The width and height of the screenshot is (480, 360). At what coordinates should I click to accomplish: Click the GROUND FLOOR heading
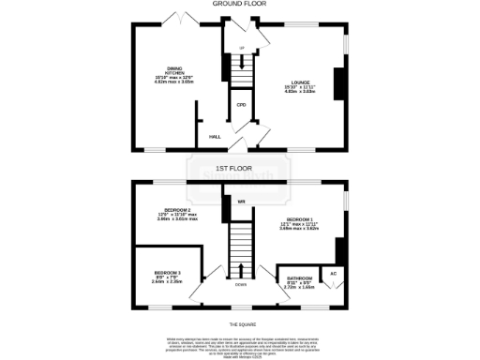click(x=240, y=5)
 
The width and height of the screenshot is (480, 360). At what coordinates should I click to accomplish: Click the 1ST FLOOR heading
click(x=240, y=168)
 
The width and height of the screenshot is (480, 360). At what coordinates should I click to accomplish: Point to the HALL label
click(x=215, y=135)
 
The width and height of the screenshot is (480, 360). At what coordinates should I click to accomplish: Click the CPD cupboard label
click(x=241, y=105)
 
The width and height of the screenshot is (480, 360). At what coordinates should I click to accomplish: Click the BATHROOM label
click(x=300, y=278)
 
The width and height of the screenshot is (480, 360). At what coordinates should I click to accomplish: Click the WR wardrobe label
click(x=241, y=202)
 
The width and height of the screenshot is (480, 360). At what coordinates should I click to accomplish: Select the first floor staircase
click(x=241, y=246)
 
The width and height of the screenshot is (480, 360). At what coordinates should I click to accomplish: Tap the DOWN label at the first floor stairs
click(x=241, y=284)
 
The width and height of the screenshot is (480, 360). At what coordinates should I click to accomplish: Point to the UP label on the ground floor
click(x=241, y=47)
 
